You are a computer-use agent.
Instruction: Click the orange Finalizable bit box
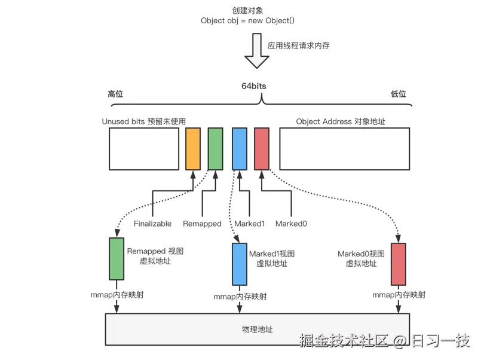tap(193, 149)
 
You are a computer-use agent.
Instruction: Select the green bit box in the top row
tap(215, 149)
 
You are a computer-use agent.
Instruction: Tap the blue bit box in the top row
tap(239, 149)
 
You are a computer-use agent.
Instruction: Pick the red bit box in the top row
tap(262, 149)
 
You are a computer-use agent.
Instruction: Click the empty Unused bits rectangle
tap(144, 149)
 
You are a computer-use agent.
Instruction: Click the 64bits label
tap(250, 86)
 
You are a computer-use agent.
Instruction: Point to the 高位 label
tap(115, 94)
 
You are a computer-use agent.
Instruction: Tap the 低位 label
tap(398, 94)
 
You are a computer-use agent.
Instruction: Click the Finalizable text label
tap(152, 224)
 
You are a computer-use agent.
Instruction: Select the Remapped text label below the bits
tap(201, 224)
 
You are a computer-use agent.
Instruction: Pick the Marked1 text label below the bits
tap(249, 224)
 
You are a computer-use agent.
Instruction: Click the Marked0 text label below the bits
tap(291, 224)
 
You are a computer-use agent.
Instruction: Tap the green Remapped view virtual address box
tap(117, 259)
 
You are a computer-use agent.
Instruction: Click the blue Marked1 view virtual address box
tap(240, 264)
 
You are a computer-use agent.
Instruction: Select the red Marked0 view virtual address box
tap(399, 264)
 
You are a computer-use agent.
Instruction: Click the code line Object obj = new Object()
tap(248, 20)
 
